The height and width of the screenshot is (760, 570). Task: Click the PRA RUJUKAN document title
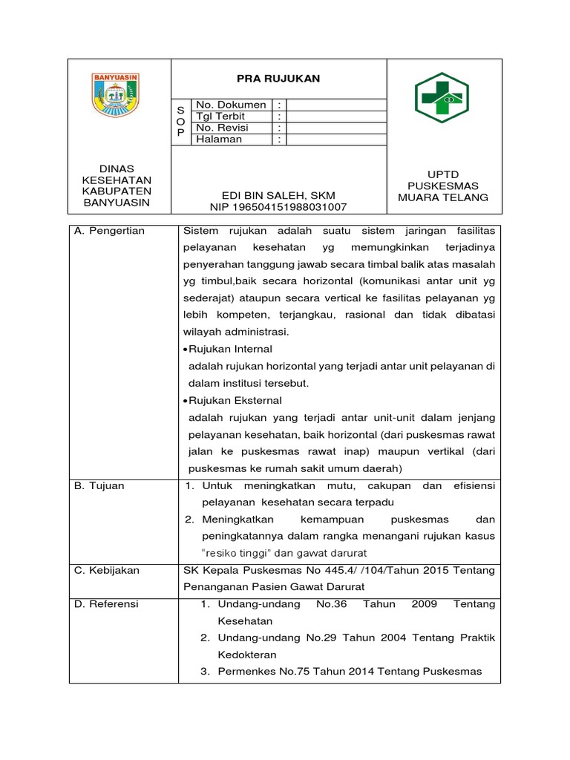278,79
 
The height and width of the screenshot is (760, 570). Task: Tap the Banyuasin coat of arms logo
115,94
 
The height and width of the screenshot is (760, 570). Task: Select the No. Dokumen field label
230,105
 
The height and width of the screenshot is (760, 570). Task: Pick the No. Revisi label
222,128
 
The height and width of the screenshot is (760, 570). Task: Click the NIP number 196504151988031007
278,208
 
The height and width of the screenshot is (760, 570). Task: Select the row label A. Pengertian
110,231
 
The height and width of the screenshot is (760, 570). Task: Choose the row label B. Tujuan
99,485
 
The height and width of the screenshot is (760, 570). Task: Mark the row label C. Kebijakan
107,570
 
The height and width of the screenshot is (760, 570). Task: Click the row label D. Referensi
107,604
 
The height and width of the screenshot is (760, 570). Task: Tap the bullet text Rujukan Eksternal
232,400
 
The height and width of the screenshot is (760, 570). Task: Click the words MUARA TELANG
443,197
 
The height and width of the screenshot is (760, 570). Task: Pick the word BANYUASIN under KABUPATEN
115,203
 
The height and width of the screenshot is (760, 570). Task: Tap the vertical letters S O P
180,121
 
